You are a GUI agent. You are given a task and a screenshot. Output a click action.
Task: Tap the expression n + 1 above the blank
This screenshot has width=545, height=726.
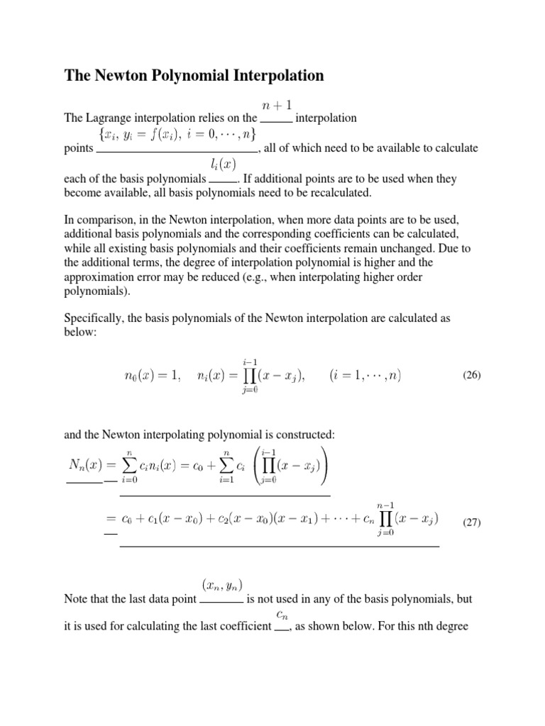275,105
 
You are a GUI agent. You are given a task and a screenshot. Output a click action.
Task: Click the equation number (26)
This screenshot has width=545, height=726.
472,376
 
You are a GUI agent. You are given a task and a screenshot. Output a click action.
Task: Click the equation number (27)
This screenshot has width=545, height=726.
472,523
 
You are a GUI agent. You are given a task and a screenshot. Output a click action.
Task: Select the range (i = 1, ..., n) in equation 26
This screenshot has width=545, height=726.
365,376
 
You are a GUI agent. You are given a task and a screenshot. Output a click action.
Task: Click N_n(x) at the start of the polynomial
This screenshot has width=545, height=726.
86,465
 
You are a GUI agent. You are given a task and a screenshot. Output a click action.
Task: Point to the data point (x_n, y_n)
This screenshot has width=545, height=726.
223,585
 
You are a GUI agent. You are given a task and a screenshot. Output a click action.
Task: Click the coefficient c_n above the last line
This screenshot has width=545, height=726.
282,614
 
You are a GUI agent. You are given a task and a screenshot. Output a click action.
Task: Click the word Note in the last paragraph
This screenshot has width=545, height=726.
77,599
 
